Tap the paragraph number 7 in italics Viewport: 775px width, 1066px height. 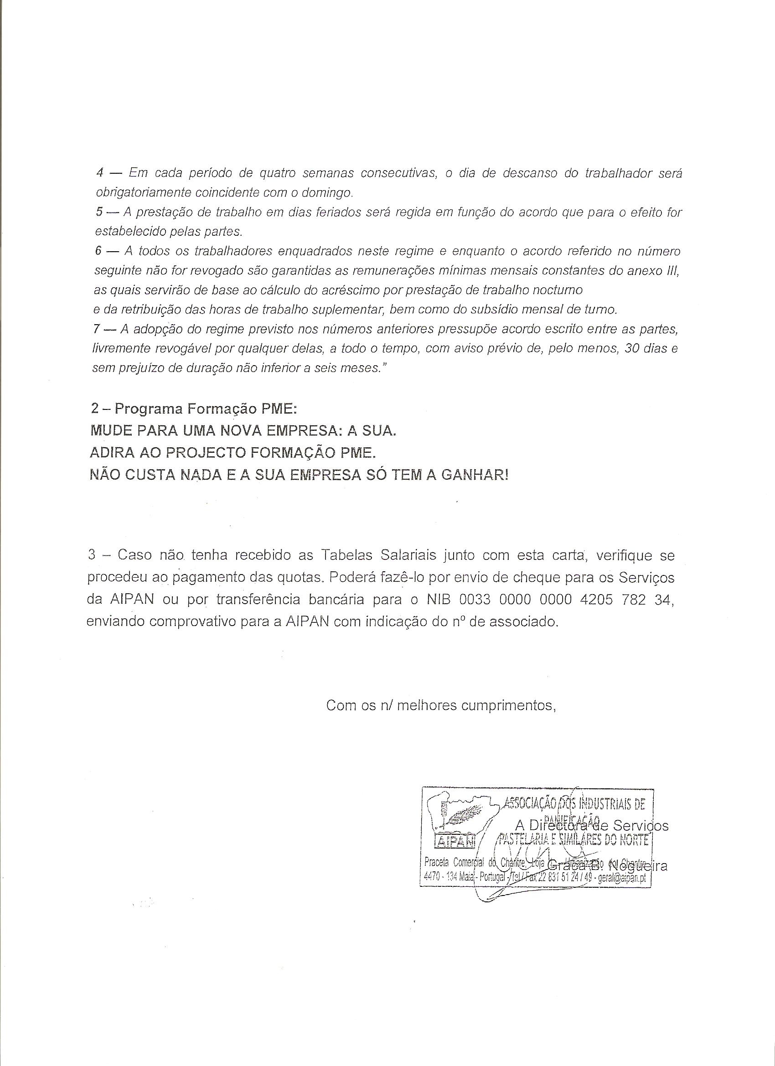[x=96, y=330]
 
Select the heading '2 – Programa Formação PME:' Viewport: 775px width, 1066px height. [x=194, y=409]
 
